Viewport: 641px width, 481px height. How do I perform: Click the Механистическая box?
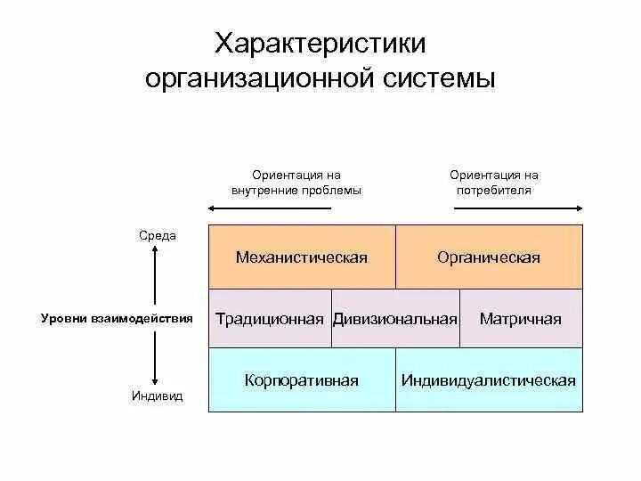coord(302,257)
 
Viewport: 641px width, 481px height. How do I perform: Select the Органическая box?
coord(489,257)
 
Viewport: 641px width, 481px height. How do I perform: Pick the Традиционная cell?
coord(270,318)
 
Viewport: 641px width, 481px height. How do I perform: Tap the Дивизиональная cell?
coord(395,318)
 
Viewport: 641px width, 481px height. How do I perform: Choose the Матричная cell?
coord(521,318)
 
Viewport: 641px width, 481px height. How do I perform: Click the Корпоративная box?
coord(302,380)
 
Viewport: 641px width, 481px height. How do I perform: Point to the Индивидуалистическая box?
coord(489,380)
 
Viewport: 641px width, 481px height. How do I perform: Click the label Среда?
coord(158,236)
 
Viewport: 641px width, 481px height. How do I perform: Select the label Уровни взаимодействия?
coord(117,318)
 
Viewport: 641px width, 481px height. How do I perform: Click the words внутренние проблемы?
coord(296,191)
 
